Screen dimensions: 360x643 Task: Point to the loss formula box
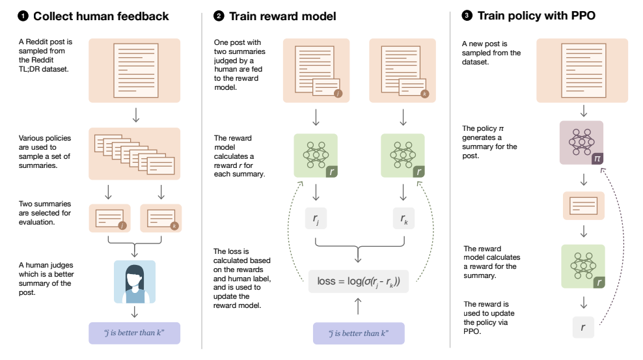pos(359,281)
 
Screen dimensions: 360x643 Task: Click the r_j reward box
pos(316,219)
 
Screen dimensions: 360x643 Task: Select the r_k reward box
pos(403,219)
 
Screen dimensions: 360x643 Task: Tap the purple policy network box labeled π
pos(581,143)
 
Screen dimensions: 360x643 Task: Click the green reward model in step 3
pos(583,266)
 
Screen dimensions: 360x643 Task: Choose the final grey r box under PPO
pos(583,327)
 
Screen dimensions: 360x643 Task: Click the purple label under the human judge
pos(134,333)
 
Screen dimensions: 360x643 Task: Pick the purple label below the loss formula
pos(359,333)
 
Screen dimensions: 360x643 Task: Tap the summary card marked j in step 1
pos(108,218)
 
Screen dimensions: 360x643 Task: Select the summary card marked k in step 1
pos(160,218)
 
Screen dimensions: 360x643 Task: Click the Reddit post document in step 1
pos(135,70)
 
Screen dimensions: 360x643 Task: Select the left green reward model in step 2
pos(316,156)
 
